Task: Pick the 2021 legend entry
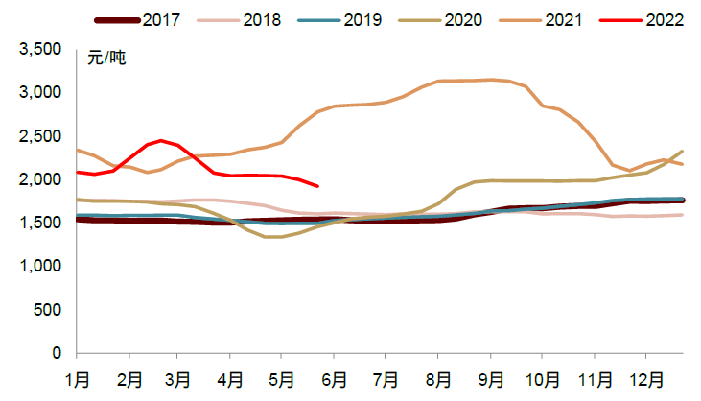pyautogui.click(x=557, y=20)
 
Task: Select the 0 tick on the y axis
pyautogui.click(x=57, y=354)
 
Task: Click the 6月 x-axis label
pyautogui.click(x=335, y=380)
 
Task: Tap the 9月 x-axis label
pyautogui.click(x=491, y=380)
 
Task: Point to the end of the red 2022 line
pyautogui.click(x=317, y=186)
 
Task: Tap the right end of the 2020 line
pyautogui.click(x=683, y=151)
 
